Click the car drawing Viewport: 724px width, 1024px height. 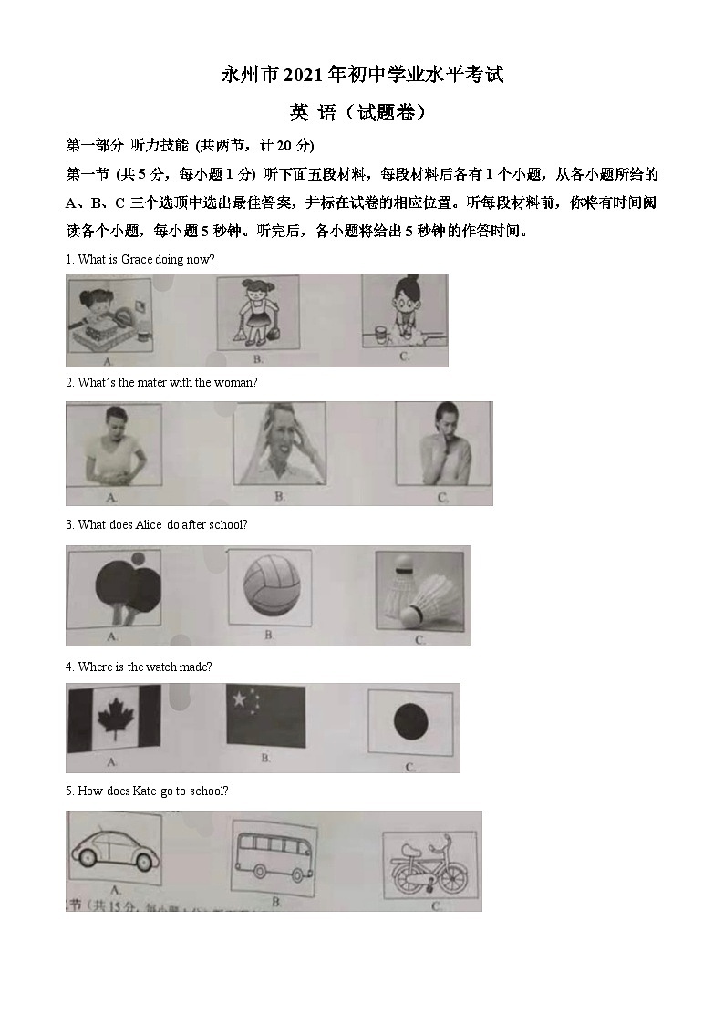point(114,853)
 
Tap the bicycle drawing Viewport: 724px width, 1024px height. point(426,867)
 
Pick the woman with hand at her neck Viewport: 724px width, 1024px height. point(441,447)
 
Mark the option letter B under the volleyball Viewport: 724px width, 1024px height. point(269,635)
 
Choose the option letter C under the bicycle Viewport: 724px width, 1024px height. point(436,906)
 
